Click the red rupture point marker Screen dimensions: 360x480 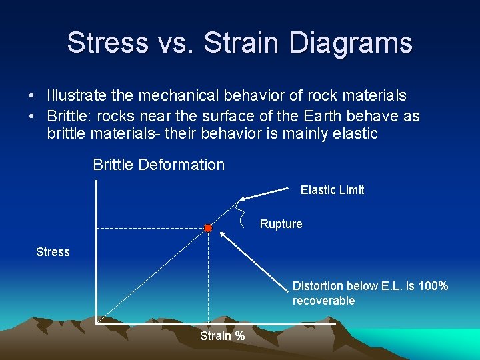tap(208, 228)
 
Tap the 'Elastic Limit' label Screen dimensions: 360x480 tap(332, 190)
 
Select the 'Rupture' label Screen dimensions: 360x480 tap(281, 224)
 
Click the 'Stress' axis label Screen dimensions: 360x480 tap(53, 252)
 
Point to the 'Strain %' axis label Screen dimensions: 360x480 tap(222, 336)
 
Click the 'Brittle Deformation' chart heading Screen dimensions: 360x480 tap(159, 165)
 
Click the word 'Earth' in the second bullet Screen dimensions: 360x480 tap(302, 116)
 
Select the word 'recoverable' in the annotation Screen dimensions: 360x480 tap(323, 301)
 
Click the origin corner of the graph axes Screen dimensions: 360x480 tap(97, 324)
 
